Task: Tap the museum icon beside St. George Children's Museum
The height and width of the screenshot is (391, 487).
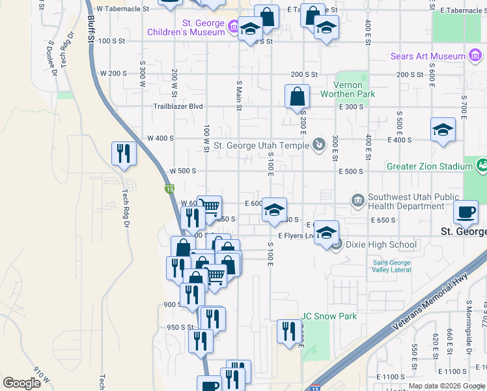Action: coord(232,27)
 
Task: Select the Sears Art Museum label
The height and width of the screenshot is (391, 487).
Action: coord(428,57)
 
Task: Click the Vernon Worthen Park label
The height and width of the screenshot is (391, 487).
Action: coord(348,89)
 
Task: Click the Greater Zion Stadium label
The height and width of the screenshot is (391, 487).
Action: coord(430,166)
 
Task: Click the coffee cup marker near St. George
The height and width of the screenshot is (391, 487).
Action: coord(466,212)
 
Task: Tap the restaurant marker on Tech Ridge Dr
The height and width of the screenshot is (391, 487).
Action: coord(124,154)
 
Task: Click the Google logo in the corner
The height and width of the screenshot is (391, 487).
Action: coord(21,383)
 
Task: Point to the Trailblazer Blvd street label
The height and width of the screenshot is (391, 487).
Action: coord(178,106)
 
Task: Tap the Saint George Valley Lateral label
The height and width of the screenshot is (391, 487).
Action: coord(391,267)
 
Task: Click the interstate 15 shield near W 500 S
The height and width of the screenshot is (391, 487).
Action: coord(169,188)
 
